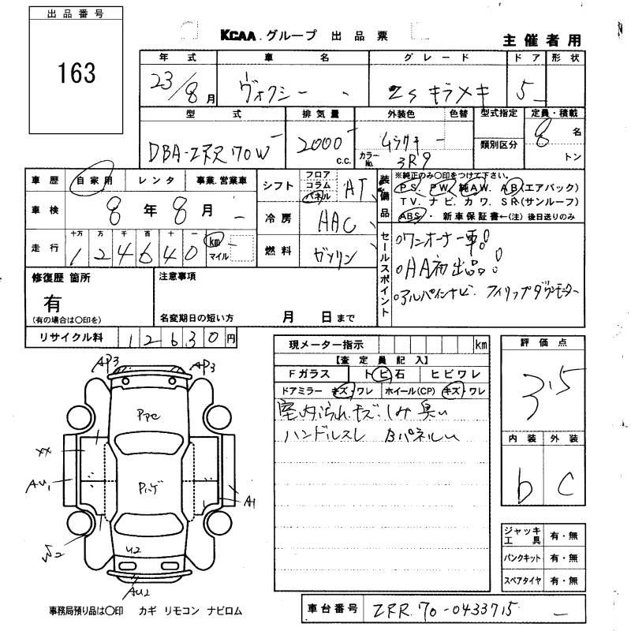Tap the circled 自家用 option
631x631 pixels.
[x=93, y=181]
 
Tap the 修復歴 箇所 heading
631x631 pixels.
[x=61, y=278]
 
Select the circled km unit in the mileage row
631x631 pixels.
[x=214, y=240]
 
